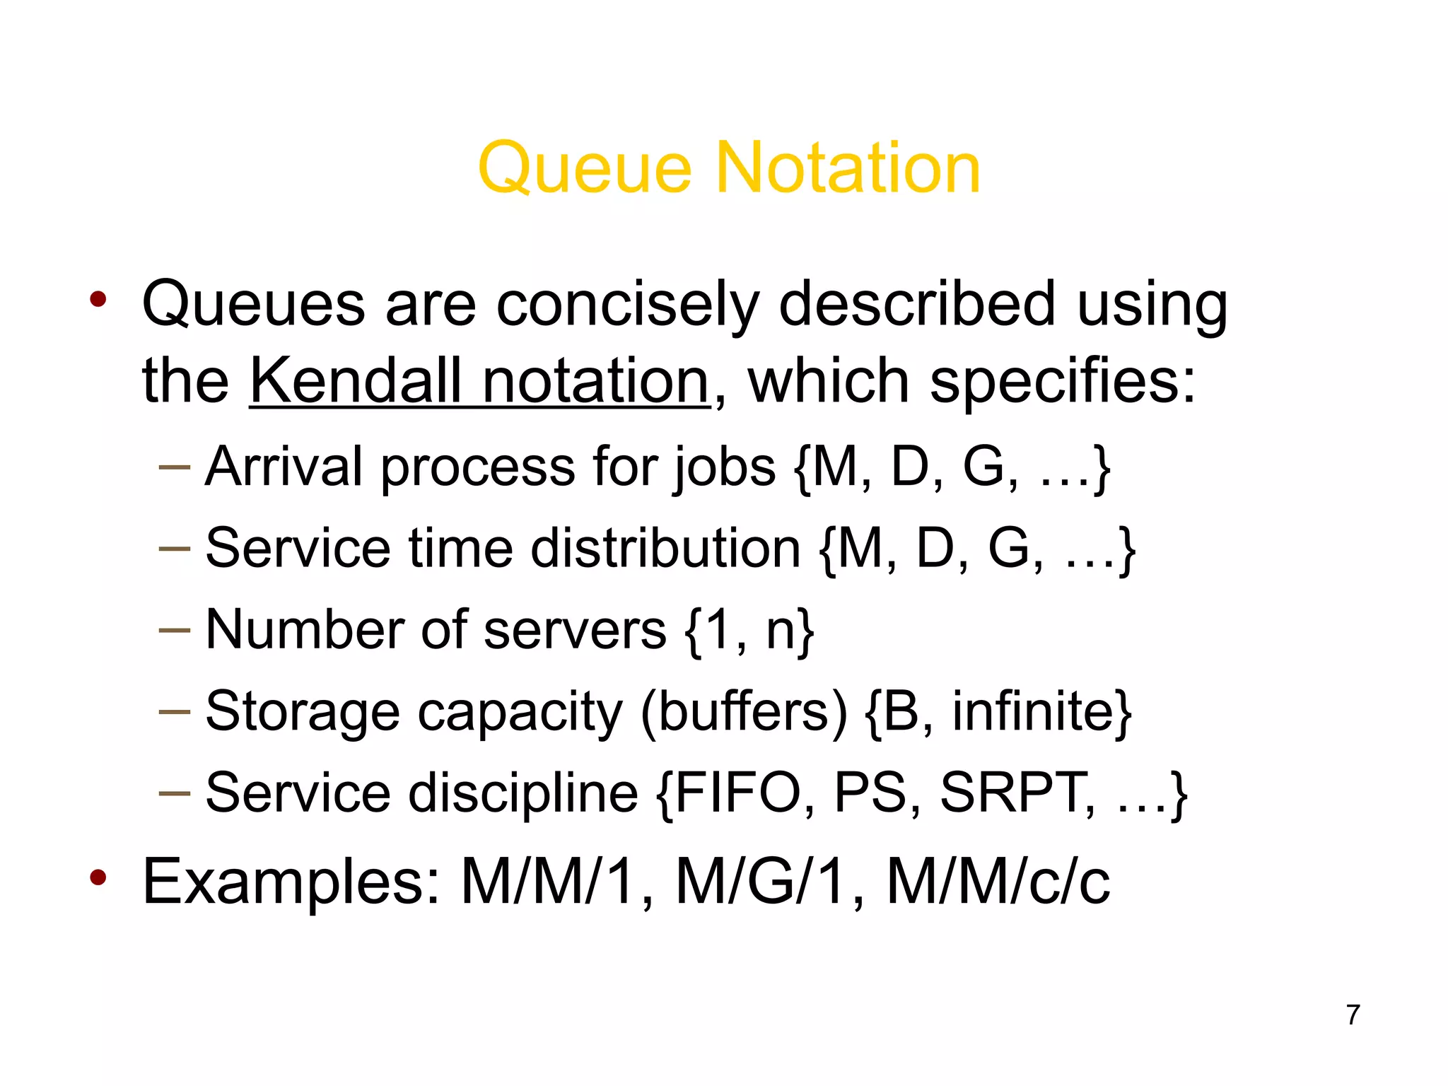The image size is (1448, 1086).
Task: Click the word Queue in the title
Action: (585, 169)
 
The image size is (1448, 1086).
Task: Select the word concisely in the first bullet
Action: (626, 305)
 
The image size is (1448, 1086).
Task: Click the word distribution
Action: (665, 548)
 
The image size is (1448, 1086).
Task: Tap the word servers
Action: (575, 629)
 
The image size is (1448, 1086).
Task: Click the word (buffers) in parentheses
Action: (743, 711)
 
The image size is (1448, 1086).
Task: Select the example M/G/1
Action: (761, 881)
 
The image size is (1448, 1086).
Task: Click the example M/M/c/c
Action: (998, 881)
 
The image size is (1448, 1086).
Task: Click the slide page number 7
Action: (1353, 1015)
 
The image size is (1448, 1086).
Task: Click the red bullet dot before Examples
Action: (98, 878)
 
